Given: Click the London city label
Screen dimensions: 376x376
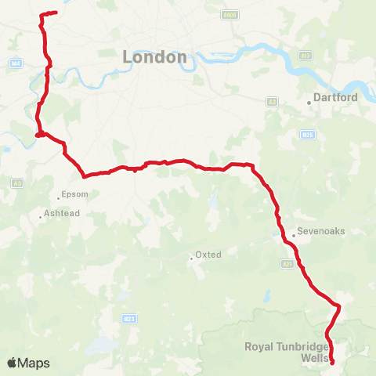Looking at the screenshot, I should pos(155,57).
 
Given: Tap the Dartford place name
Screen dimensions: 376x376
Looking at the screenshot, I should pos(335,98).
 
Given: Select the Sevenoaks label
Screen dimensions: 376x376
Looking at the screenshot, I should pos(319,233).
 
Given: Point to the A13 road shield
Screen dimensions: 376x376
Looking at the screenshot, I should pos(305,56).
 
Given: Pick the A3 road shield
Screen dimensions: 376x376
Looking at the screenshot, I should pos(17,183).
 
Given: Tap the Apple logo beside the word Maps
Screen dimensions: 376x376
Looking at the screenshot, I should pos(12,363).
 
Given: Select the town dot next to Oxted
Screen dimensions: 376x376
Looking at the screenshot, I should pos(191,259).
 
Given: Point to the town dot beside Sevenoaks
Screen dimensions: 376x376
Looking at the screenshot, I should pos(293,233).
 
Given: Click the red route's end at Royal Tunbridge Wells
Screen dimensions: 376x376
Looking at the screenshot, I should pos(333,362).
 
